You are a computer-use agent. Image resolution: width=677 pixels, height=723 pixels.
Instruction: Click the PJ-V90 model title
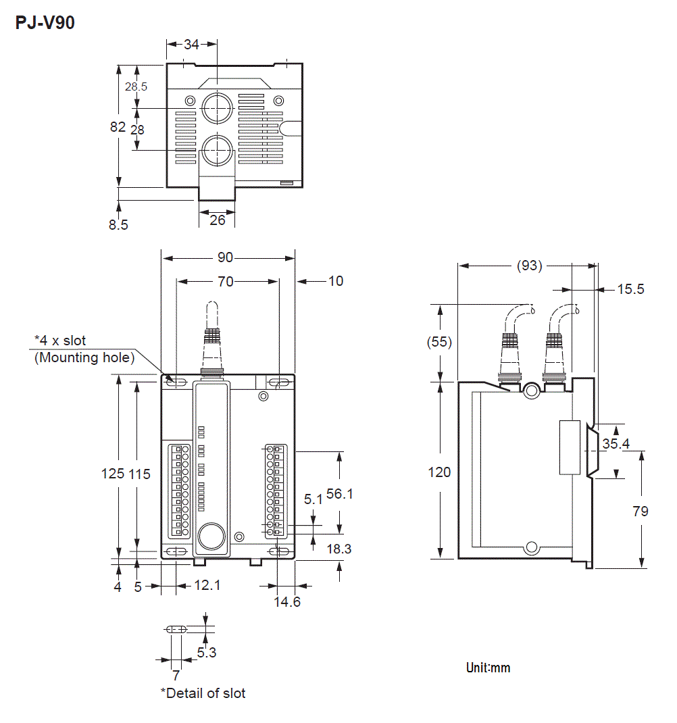(x=45, y=22)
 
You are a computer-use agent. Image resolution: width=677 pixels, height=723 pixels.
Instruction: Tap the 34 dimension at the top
(x=192, y=45)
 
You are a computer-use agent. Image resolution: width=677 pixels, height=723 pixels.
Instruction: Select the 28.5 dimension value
(x=136, y=86)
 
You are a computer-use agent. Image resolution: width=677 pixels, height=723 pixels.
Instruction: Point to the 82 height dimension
(x=118, y=126)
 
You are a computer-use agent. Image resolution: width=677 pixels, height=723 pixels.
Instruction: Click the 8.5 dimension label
(x=118, y=225)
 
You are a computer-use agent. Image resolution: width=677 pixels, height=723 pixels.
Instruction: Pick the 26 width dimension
(x=217, y=220)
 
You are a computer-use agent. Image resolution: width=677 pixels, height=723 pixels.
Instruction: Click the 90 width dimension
(x=225, y=257)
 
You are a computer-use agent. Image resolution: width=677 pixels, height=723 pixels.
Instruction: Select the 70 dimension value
(x=225, y=281)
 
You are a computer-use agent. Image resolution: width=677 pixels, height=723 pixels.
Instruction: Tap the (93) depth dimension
(x=529, y=266)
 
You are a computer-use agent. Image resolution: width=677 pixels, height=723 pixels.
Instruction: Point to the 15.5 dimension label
(x=630, y=289)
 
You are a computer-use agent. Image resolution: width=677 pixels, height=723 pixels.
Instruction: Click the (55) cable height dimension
(x=440, y=342)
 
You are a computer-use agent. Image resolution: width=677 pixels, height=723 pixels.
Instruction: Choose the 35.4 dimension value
(x=616, y=444)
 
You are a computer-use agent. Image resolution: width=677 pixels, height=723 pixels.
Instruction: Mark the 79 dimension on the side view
(x=641, y=512)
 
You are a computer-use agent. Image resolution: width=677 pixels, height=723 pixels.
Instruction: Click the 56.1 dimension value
(x=340, y=494)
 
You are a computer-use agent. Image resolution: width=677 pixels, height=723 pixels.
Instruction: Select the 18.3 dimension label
(x=338, y=549)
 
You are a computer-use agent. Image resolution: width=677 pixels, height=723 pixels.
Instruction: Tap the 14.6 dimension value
(x=287, y=601)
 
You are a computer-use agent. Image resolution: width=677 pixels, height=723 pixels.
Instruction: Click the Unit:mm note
(x=488, y=668)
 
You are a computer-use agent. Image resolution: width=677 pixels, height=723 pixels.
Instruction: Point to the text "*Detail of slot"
(x=203, y=693)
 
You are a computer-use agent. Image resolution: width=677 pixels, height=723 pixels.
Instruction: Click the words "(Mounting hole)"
(x=84, y=357)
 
